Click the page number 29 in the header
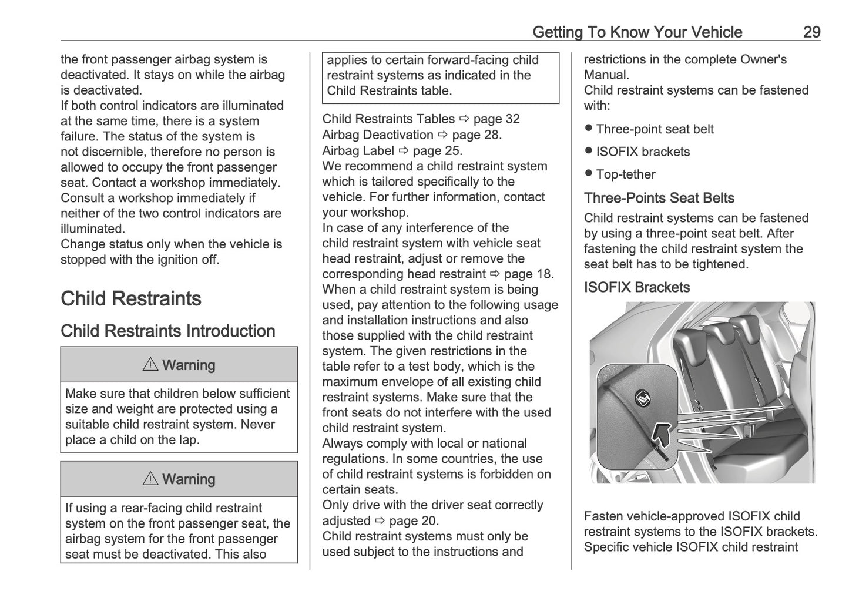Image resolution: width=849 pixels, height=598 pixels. click(x=811, y=32)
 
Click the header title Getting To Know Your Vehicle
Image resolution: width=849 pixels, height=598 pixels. click(x=637, y=32)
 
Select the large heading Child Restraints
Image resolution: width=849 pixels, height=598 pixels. click(x=130, y=298)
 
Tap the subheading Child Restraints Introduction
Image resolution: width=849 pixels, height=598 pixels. click(x=167, y=331)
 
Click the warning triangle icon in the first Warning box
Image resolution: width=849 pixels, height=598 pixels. click(x=150, y=365)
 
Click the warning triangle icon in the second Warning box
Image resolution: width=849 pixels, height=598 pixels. click(x=150, y=479)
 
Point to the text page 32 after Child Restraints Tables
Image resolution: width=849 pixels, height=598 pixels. click(x=496, y=119)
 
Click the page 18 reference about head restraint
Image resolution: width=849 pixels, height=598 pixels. click(x=528, y=274)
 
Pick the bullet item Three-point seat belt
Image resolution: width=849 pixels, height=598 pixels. click(x=655, y=129)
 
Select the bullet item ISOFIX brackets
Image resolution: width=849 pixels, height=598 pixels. click(x=643, y=152)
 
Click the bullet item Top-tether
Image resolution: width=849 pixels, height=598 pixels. click(x=625, y=174)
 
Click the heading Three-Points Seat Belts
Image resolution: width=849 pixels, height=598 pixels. click(x=659, y=198)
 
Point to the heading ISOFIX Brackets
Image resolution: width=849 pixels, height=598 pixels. click(x=636, y=287)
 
